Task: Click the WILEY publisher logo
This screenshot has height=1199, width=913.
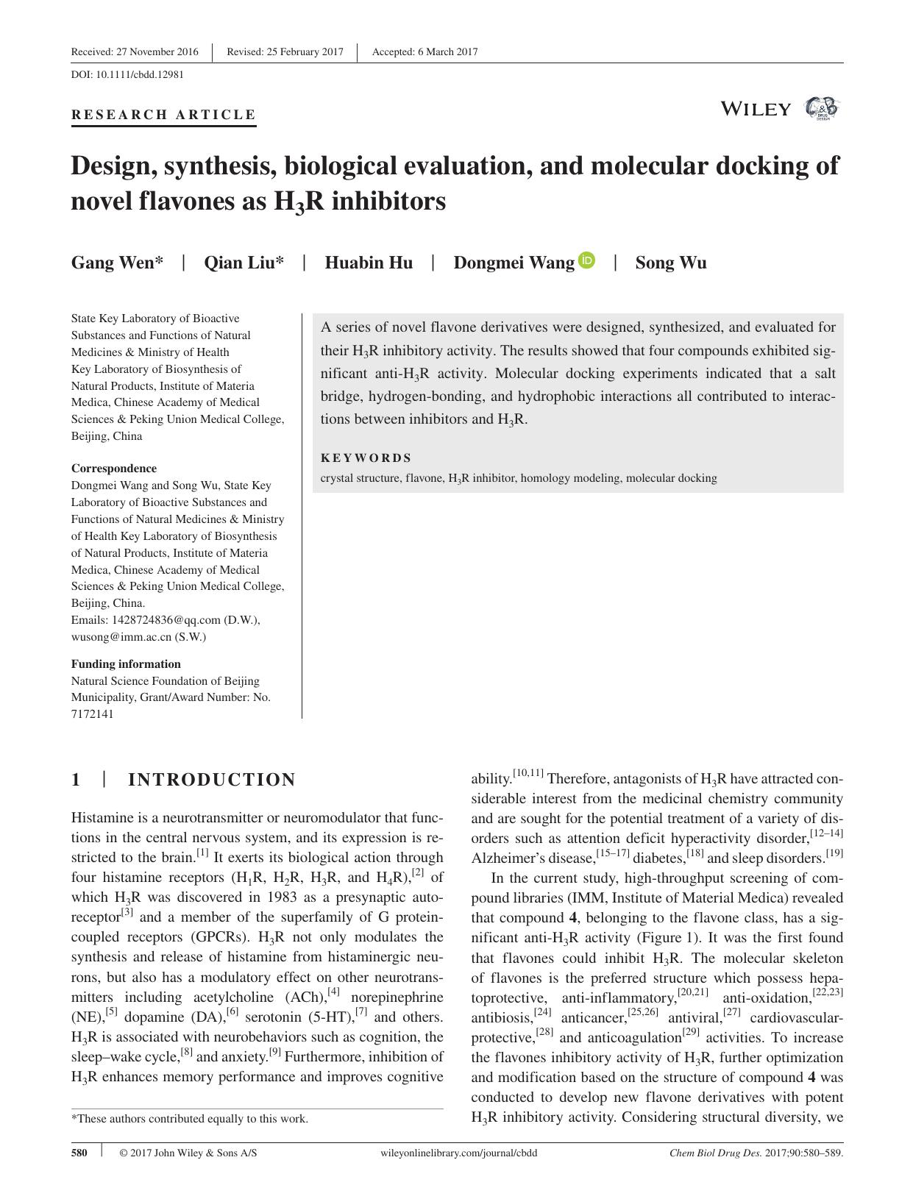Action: point(756,110)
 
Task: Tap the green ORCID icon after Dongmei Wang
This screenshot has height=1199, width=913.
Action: point(586,260)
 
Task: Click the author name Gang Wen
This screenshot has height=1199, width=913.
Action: point(117,263)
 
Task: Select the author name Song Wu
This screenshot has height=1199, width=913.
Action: point(670,263)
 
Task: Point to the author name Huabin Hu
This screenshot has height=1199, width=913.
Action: point(369,263)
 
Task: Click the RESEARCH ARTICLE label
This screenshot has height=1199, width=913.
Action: point(163,115)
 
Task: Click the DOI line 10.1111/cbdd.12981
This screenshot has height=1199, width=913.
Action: point(127,74)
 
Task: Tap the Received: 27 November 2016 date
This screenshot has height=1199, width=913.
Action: point(135,51)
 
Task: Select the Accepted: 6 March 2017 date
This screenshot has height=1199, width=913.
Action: point(424,51)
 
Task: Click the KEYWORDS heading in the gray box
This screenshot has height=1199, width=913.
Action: point(366,457)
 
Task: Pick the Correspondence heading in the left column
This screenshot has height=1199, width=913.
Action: point(113,468)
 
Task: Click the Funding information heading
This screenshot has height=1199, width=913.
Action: point(125,663)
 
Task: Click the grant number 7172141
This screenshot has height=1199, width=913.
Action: point(92,714)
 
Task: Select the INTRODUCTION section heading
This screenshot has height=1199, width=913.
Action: point(212,780)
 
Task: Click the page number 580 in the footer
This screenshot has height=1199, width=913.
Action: point(79,1153)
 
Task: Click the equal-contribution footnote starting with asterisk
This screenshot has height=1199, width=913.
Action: point(189,1119)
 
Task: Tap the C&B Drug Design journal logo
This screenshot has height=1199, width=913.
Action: point(822,109)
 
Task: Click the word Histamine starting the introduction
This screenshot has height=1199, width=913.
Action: point(102,817)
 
